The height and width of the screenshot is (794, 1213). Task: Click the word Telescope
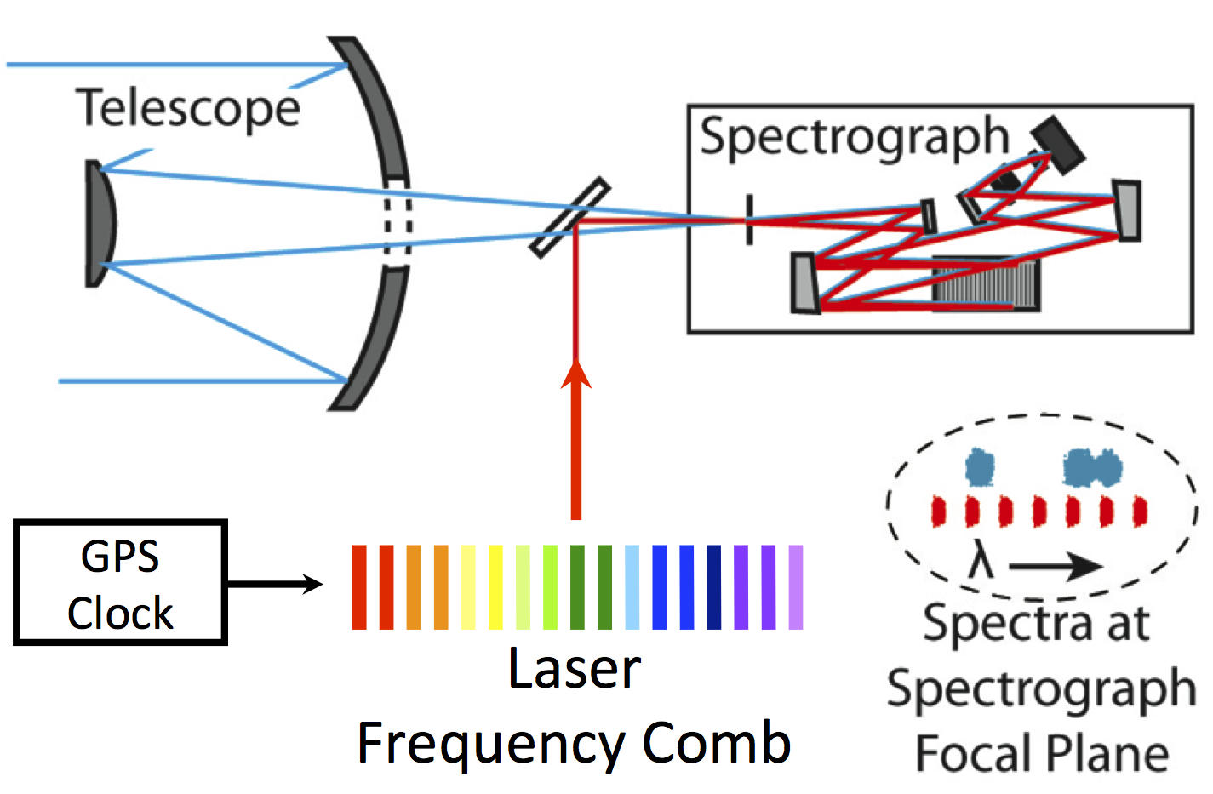pyautogui.click(x=188, y=109)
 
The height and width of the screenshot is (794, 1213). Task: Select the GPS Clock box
pyautogui.click(x=120, y=582)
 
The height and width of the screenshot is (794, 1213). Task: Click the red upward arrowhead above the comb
pyautogui.click(x=576, y=374)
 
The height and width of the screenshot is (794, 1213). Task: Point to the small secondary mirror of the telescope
pyautogui.click(x=100, y=223)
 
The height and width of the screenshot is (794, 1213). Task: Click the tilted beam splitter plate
pyautogui.click(x=569, y=217)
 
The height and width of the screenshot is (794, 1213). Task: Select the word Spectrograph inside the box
pyautogui.click(x=854, y=137)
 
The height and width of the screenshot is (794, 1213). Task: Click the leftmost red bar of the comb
pyautogui.click(x=359, y=587)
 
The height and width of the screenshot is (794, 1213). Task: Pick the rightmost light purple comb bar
pyautogui.click(x=796, y=587)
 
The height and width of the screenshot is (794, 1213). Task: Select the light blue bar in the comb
pyautogui.click(x=632, y=587)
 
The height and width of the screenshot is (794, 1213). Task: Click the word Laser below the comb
pyautogui.click(x=574, y=669)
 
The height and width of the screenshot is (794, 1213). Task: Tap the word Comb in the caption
pyautogui.click(x=716, y=743)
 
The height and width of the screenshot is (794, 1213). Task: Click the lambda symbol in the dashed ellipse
pyautogui.click(x=981, y=563)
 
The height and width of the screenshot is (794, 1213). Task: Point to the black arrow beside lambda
pyautogui.click(x=1056, y=565)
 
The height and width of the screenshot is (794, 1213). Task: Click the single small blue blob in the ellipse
pyautogui.click(x=980, y=467)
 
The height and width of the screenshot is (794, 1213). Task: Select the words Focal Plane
pyautogui.click(x=1041, y=753)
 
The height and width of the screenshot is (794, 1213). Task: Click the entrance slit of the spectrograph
pyautogui.click(x=749, y=220)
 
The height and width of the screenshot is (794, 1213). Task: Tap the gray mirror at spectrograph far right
pyautogui.click(x=1126, y=210)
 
